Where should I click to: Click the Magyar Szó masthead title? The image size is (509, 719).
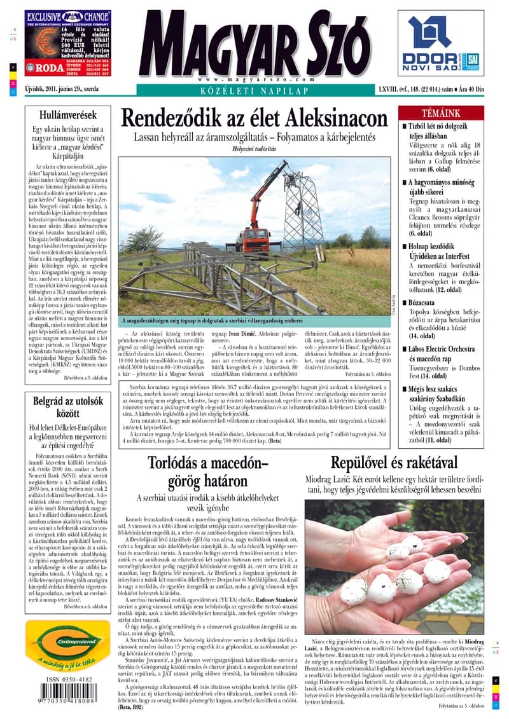pyautogui.click(x=254, y=44)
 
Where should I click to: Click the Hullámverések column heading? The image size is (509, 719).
pyautogui.click(x=68, y=116)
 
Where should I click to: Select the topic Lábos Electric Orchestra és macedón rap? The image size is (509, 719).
pyautogui.click(x=443, y=353)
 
